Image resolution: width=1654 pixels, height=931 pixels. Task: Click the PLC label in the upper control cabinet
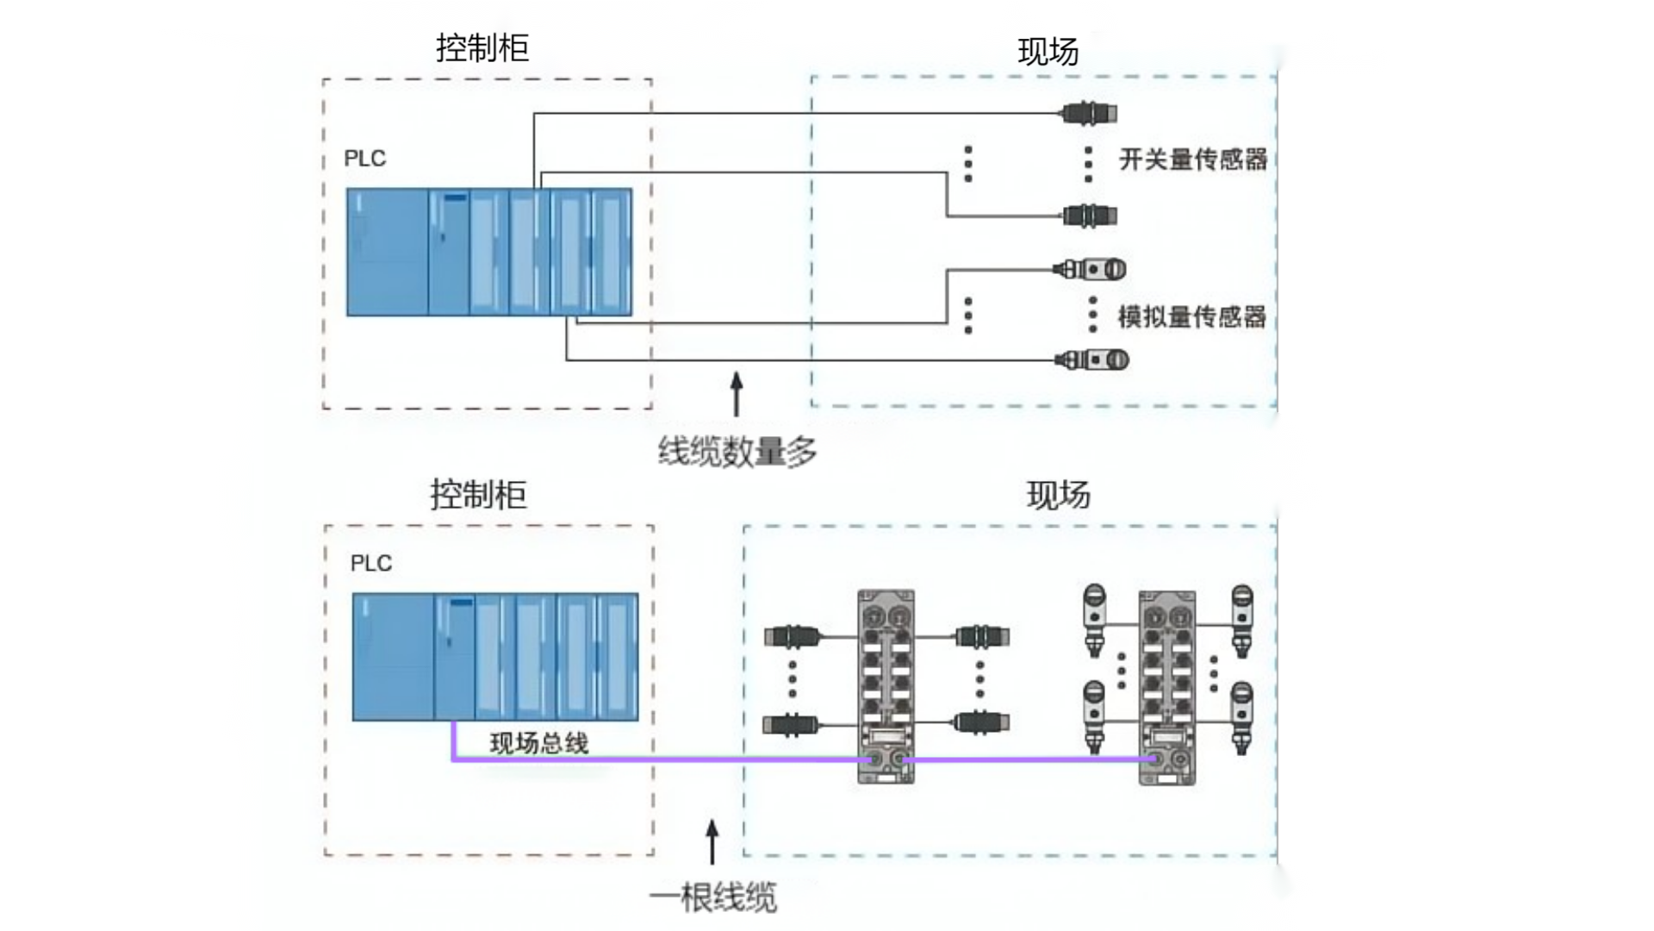365,159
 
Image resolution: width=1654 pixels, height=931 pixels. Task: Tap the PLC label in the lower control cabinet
371,564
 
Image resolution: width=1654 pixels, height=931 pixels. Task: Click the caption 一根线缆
712,897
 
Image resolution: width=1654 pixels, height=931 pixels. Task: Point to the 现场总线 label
539,743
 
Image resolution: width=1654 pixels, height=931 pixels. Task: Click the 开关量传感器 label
1193,159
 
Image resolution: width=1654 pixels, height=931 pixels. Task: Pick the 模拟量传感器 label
1192,316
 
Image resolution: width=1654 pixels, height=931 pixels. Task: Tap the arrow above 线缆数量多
737,394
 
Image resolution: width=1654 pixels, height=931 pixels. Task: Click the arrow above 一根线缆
712,841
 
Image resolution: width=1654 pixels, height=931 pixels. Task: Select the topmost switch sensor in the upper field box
1089,113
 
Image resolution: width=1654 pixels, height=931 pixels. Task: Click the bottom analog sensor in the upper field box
1091,359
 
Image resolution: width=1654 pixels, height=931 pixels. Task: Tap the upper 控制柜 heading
482,48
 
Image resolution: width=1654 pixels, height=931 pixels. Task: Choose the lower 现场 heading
1059,496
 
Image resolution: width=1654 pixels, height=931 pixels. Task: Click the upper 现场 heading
1048,52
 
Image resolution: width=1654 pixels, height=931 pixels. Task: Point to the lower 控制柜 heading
478,495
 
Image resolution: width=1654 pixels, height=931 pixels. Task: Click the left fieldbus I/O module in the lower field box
886,686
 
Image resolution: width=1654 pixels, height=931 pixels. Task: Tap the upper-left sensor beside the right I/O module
1094,620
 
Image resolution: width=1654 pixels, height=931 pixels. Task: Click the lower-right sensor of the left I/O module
980,722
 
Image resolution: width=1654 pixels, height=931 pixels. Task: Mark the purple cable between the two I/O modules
1029,760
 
